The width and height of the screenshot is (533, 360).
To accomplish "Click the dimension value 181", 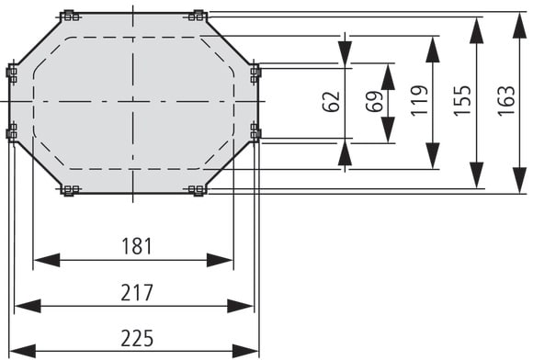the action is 137,246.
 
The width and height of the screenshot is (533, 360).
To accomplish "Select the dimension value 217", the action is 137,293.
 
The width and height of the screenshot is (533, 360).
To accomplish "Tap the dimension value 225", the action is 137,339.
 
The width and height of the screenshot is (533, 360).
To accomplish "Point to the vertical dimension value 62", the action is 331,101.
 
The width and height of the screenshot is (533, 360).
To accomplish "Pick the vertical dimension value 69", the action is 374,101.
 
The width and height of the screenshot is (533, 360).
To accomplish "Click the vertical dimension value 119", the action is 419,100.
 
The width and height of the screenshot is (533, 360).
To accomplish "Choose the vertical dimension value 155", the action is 462,100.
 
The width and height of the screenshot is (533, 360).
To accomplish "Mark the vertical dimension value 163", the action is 506,100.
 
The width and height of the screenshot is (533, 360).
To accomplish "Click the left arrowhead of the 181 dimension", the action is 47,260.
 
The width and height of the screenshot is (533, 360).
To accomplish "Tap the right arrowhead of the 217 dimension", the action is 240,306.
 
